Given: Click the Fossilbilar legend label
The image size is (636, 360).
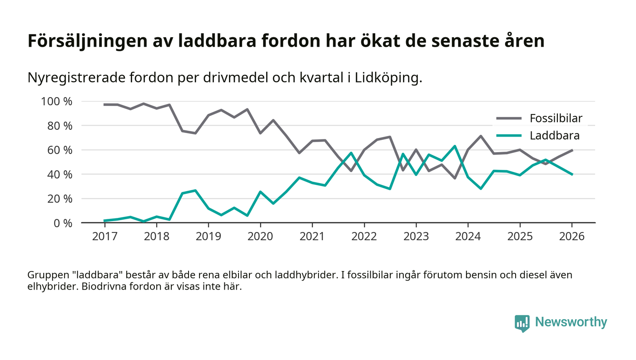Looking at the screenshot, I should [556, 119].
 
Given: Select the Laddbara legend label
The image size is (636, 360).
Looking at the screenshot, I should [554, 135].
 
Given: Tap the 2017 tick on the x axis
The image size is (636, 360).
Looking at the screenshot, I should [104, 237].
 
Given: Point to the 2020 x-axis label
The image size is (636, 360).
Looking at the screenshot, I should [260, 237].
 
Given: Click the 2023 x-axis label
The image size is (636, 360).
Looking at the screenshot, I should [416, 237].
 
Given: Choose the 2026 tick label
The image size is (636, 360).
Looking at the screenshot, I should [571, 237].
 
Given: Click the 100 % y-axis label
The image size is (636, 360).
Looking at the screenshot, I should [57, 101].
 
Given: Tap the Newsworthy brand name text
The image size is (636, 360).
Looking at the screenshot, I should [571, 322].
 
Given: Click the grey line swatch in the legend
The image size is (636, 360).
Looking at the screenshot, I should [509, 119].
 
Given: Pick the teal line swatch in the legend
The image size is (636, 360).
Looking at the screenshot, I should [509, 135].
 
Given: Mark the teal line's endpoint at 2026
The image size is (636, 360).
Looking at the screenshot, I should [572, 174].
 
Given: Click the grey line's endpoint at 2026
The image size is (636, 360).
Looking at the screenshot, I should [572, 150].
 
